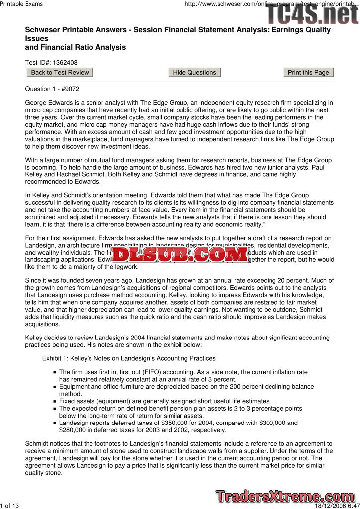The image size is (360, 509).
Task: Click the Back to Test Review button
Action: click(x=60, y=73)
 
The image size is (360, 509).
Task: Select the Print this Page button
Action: click(x=308, y=73)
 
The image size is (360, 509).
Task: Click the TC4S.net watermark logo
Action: click(x=312, y=14)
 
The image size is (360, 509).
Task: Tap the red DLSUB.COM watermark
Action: click(x=180, y=255)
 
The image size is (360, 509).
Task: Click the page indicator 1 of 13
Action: click(x=10, y=506)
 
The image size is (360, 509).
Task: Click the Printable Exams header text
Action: click(x=21, y=4)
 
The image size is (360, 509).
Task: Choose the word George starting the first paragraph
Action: click(x=37, y=103)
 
